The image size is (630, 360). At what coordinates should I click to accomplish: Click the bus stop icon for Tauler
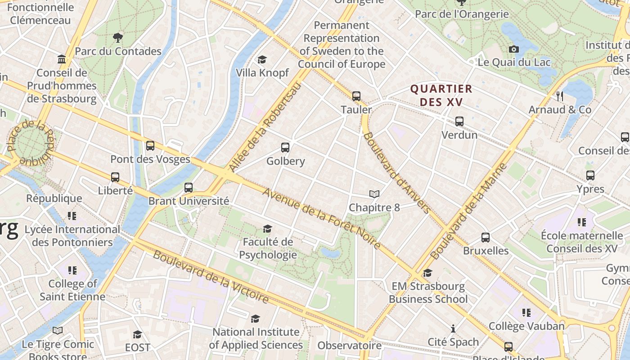(356, 96)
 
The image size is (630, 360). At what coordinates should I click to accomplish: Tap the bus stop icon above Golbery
(285, 147)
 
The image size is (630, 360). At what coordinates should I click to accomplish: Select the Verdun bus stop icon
(459, 121)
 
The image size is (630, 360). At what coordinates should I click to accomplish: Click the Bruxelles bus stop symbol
(485, 237)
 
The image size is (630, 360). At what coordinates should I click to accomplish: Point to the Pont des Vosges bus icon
(150, 145)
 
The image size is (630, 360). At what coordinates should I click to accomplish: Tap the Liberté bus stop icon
(115, 177)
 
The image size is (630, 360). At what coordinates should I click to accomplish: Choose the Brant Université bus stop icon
(189, 187)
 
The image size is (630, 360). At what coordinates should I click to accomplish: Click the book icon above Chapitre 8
(374, 194)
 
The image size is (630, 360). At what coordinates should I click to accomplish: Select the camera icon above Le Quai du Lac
(513, 49)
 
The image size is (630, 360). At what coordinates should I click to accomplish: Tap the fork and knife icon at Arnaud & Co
(559, 96)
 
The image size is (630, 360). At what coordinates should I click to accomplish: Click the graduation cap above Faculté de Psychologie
(267, 229)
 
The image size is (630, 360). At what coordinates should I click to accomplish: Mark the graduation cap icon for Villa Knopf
(262, 59)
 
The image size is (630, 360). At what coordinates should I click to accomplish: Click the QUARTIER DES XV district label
(441, 95)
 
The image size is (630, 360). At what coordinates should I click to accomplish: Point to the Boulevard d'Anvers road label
(396, 172)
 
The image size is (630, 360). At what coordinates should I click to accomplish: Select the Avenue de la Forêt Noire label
(322, 219)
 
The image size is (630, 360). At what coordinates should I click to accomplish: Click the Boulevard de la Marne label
(469, 211)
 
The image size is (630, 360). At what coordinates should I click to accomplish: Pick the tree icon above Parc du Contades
(118, 37)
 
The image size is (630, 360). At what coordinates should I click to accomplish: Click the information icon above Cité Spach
(453, 328)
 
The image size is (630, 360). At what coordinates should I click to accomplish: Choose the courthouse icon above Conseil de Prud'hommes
(62, 59)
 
